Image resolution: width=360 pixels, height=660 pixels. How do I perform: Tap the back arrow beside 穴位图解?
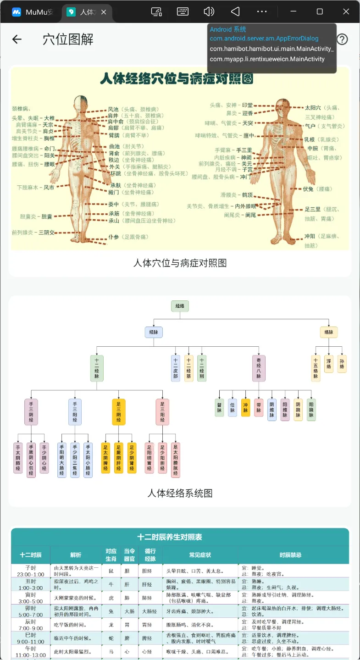tap(17, 39)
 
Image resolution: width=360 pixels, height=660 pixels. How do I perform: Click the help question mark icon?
tap(342, 39)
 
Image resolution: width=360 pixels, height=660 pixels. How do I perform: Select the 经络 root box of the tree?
tap(180, 306)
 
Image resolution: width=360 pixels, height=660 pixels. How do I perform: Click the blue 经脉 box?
tap(154, 333)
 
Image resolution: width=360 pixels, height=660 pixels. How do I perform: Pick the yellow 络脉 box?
tap(329, 333)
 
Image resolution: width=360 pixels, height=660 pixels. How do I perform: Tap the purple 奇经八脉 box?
tap(259, 368)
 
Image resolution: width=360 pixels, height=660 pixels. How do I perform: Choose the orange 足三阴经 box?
tap(118, 411)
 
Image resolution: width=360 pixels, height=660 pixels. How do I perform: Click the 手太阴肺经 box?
tap(18, 458)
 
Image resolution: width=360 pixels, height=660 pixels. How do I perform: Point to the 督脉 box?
tap(219, 407)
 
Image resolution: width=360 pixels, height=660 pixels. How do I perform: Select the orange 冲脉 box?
tap(245, 407)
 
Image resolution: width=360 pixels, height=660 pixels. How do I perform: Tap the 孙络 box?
tap(342, 364)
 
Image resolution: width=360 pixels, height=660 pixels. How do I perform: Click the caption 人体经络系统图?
tap(180, 494)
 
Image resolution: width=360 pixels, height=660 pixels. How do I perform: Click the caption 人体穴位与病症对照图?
tap(180, 263)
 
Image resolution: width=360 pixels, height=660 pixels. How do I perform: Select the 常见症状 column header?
tap(200, 555)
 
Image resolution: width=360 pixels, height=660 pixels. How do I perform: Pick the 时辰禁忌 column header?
tap(291, 555)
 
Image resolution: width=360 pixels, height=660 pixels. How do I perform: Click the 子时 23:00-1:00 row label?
tap(30, 571)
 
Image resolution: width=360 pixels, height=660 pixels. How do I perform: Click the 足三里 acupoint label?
tap(312, 209)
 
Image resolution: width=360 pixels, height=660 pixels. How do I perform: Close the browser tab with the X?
tap(104, 12)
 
